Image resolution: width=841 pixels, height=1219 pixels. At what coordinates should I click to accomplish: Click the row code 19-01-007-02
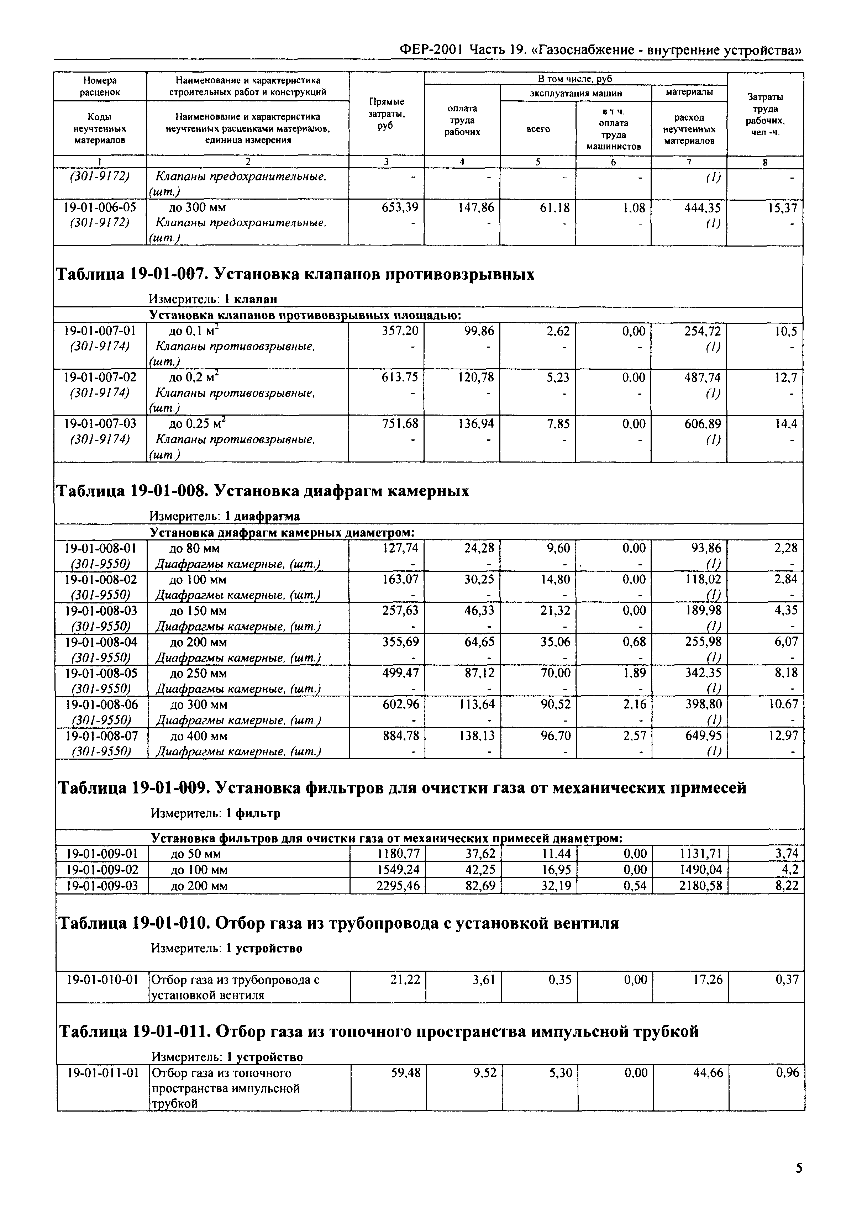[100, 377]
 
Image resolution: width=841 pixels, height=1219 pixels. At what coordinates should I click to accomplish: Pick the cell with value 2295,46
[398, 886]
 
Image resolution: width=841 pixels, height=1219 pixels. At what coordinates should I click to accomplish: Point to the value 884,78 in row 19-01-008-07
[400, 735]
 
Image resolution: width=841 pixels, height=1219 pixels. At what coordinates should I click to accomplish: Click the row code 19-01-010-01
[102, 979]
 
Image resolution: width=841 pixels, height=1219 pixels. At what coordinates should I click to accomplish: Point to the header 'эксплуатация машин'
[575, 93]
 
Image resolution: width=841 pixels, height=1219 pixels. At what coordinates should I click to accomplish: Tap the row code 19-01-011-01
[102, 1073]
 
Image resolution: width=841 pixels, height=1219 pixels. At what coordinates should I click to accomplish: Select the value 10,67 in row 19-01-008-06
[783, 704]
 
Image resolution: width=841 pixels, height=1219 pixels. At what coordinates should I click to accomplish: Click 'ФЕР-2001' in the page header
[431, 50]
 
